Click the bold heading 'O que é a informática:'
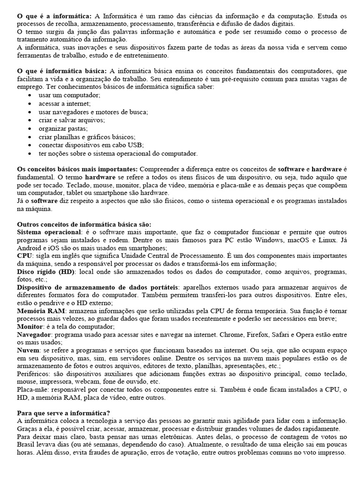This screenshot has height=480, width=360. point(53,16)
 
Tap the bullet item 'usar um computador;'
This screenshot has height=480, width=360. point(63,95)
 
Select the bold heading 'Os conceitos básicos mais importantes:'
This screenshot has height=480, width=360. point(77,168)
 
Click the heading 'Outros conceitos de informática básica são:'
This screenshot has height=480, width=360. point(84,224)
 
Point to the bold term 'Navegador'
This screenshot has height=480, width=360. point(34,335)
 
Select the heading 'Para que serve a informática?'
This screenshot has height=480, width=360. point(63,413)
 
